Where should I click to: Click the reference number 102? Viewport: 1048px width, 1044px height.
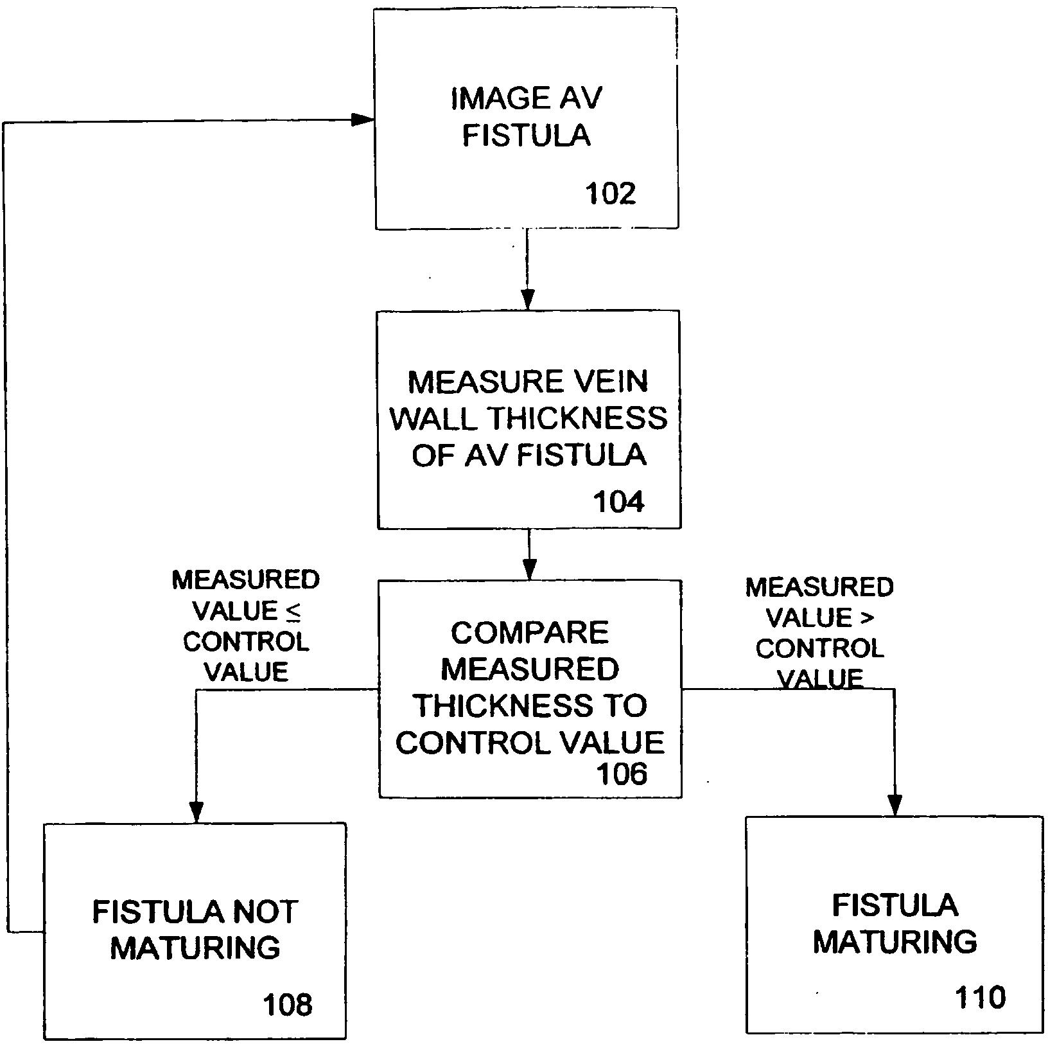pos(610,193)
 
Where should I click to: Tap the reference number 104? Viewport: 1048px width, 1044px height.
pos(618,502)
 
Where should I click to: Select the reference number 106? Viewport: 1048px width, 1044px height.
pos(622,774)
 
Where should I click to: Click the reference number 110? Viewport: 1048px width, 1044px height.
pos(980,998)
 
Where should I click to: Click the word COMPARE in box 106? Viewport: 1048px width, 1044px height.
pos(529,633)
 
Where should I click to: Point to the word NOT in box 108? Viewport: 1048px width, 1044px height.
pos(265,912)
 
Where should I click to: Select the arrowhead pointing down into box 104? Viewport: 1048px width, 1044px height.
pos(527,300)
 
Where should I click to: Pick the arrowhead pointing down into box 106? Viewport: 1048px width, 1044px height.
pos(529,570)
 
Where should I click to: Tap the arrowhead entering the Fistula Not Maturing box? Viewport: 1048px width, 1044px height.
pos(196,812)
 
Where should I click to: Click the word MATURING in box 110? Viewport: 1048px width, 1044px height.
pos(895,942)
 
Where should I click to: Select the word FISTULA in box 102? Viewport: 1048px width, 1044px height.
pos(527,136)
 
